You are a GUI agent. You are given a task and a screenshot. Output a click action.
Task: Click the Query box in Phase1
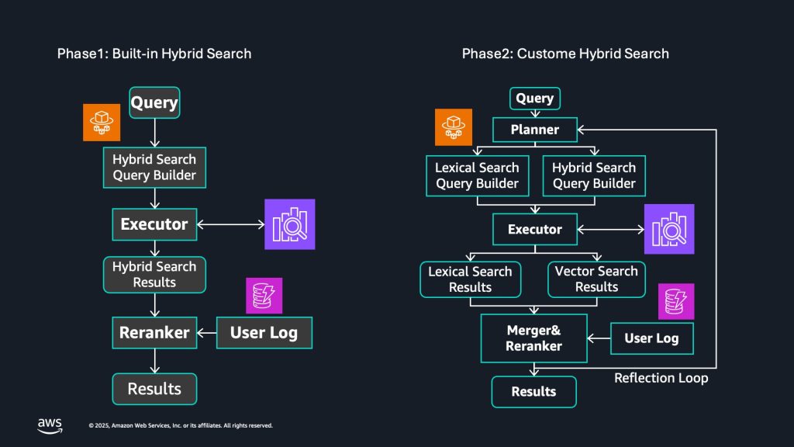click(154, 102)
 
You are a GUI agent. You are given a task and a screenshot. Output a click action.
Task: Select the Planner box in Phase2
click(535, 130)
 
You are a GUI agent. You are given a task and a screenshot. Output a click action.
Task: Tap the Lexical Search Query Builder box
click(477, 175)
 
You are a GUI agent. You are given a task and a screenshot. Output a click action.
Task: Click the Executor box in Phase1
click(154, 224)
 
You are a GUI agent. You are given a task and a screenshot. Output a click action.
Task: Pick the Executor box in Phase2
click(535, 230)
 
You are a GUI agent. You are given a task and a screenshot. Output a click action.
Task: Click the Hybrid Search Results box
click(154, 274)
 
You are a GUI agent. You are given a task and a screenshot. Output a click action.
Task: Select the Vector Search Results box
click(596, 279)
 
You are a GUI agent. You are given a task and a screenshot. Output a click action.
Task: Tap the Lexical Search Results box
click(470, 279)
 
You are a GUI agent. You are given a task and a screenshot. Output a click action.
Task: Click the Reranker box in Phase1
click(154, 333)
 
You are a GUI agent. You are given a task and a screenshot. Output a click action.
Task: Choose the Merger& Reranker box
click(533, 338)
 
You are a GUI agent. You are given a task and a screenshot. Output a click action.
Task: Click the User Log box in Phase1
click(263, 333)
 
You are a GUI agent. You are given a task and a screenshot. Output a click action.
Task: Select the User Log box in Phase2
click(651, 338)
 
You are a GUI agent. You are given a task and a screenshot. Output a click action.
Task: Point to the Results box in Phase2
click(533, 392)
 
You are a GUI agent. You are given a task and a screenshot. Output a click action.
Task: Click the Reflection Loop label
click(661, 379)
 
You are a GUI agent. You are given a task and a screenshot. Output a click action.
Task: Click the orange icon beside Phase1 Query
click(102, 123)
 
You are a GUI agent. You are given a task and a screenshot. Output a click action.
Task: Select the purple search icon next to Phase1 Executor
click(290, 224)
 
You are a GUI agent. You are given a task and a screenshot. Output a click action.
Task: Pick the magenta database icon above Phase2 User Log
click(676, 301)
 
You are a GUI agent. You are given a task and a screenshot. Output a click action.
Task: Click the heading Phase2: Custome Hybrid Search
click(565, 54)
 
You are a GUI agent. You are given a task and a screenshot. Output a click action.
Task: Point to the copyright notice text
click(180, 426)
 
